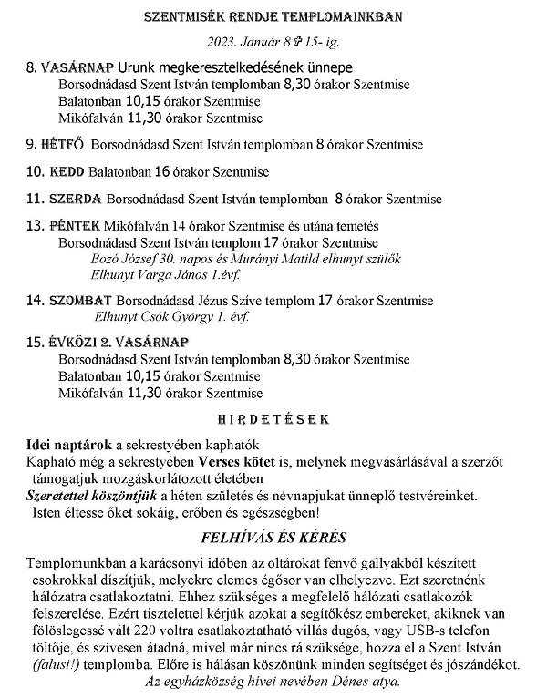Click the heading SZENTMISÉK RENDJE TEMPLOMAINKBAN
[273, 16]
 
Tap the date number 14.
[36, 300]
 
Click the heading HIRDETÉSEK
[273, 420]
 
